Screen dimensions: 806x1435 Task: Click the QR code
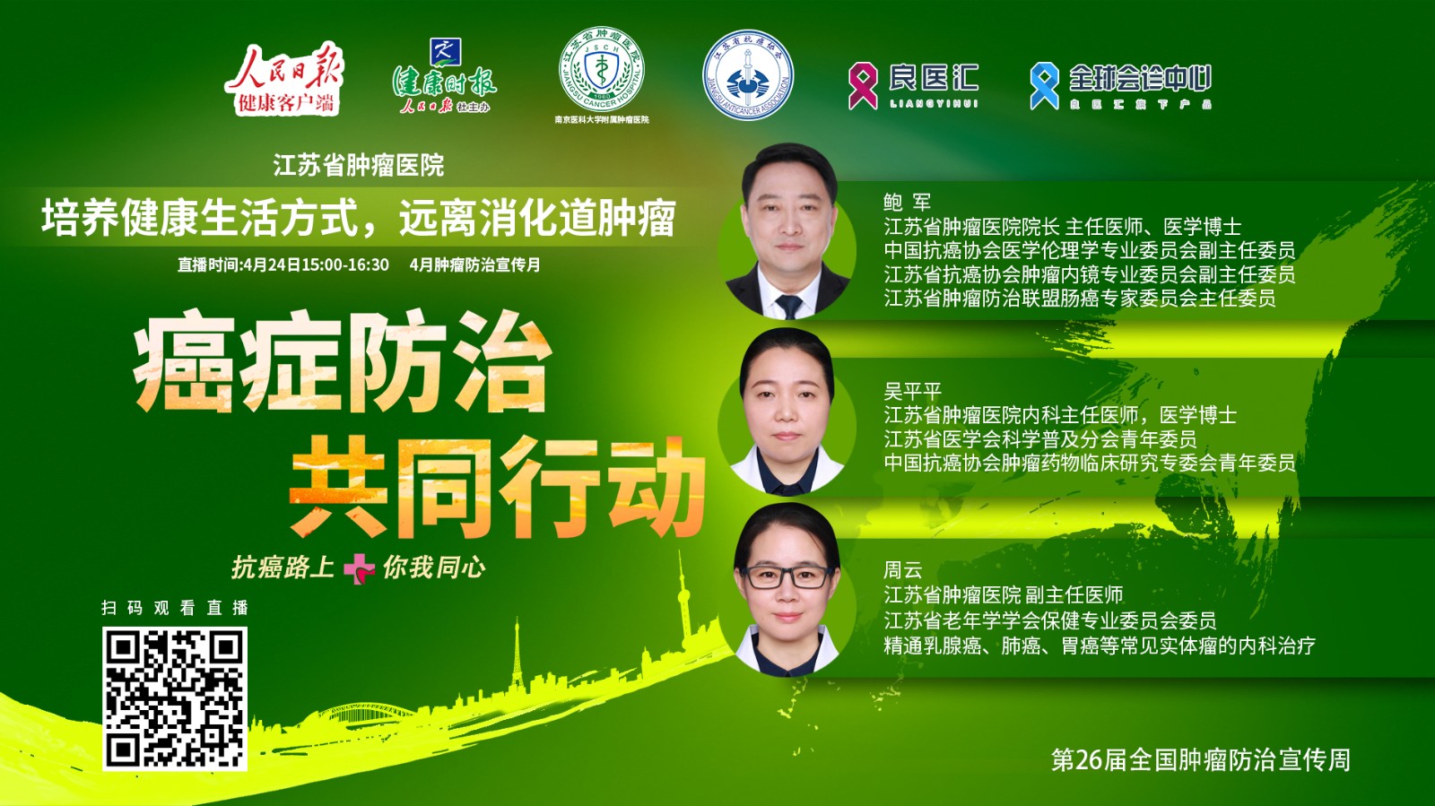[x=175, y=698]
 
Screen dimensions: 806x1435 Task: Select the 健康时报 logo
[x=444, y=79]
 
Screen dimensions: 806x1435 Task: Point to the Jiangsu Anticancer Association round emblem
[x=747, y=76]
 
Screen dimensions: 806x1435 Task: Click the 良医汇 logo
[x=914, y=84]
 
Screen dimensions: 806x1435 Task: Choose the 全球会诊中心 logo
[x=1121, y=85]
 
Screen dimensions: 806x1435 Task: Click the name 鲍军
[x=907, y=203]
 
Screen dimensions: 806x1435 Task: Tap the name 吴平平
[x=912, y=391]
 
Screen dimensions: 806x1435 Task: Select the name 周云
[x=903, y=570]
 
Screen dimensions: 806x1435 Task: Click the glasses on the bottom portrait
[x=787, y=576]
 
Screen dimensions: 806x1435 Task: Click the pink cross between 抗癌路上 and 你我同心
[x=359, y=568]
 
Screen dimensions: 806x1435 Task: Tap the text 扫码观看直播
[x=175, y=608]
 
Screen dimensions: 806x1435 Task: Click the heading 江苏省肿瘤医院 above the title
[x=359, y=165]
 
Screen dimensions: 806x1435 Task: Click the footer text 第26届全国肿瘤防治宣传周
[x=1200, y=760]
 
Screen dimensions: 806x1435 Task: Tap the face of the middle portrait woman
[x=787, y=408]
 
